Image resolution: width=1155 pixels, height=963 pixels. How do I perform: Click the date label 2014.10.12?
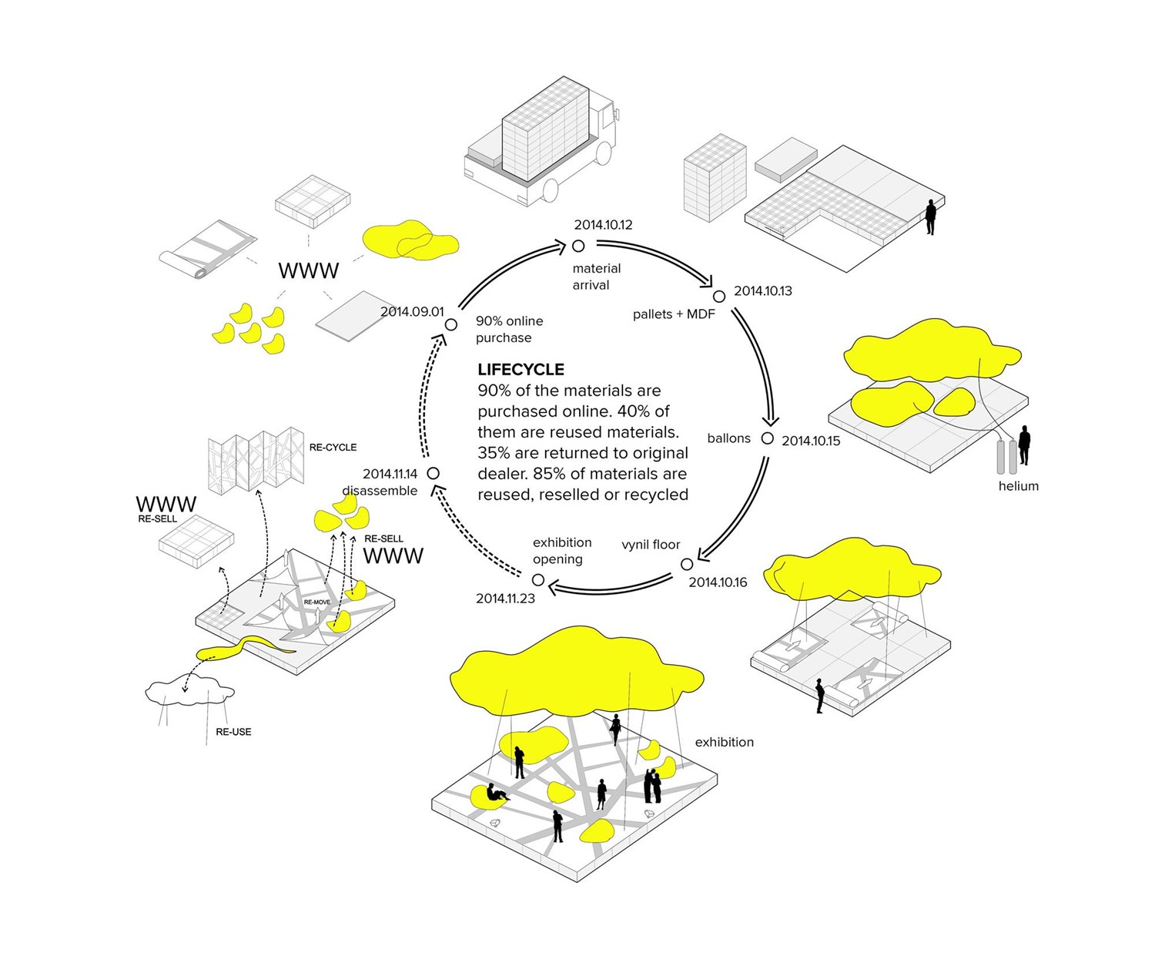(x=603, y=225)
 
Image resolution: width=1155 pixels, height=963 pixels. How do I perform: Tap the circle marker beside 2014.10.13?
(x=719, y=297)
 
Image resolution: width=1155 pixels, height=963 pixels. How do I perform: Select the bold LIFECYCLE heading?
(x=521, y=370)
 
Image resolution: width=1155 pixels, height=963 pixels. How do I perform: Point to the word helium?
(x=1018, y=486)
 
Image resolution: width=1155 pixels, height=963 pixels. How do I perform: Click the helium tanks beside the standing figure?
(x=1006, y=457)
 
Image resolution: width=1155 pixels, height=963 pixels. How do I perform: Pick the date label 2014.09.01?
(x=412, y=312)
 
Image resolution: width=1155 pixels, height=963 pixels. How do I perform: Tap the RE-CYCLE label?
(x=333, y=448)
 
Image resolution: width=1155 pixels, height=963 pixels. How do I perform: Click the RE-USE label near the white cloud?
(x=233, y=732)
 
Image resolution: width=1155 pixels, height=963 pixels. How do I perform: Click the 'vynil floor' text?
(x=651, y=545)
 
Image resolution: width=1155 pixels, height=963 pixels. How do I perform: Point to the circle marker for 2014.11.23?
(x=538, y=580)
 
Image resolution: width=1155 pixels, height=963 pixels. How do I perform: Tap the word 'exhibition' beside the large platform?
(x=724, y=743)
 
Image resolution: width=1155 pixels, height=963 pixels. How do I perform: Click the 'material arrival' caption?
(x=595, y=277)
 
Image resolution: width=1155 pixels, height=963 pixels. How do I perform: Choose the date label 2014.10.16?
(x=718, y=582)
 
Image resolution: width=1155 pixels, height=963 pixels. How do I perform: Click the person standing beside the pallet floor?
(x=930, y=217)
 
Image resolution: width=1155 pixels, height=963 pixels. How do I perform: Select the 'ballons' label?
(x=728, y=438)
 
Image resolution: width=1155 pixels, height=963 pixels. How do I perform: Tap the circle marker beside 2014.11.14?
(x=434, y=473)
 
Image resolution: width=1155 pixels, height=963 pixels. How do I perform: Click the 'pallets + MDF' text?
(x=674, y=314)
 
